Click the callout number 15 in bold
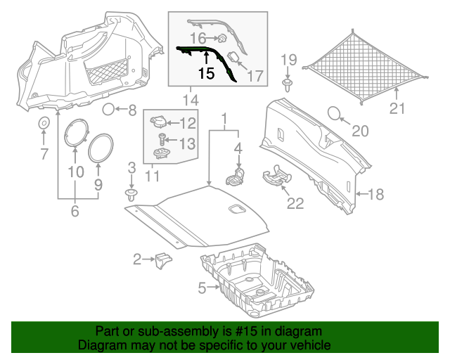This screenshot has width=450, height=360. [206, 72]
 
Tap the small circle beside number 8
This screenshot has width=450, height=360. [109, 109]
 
